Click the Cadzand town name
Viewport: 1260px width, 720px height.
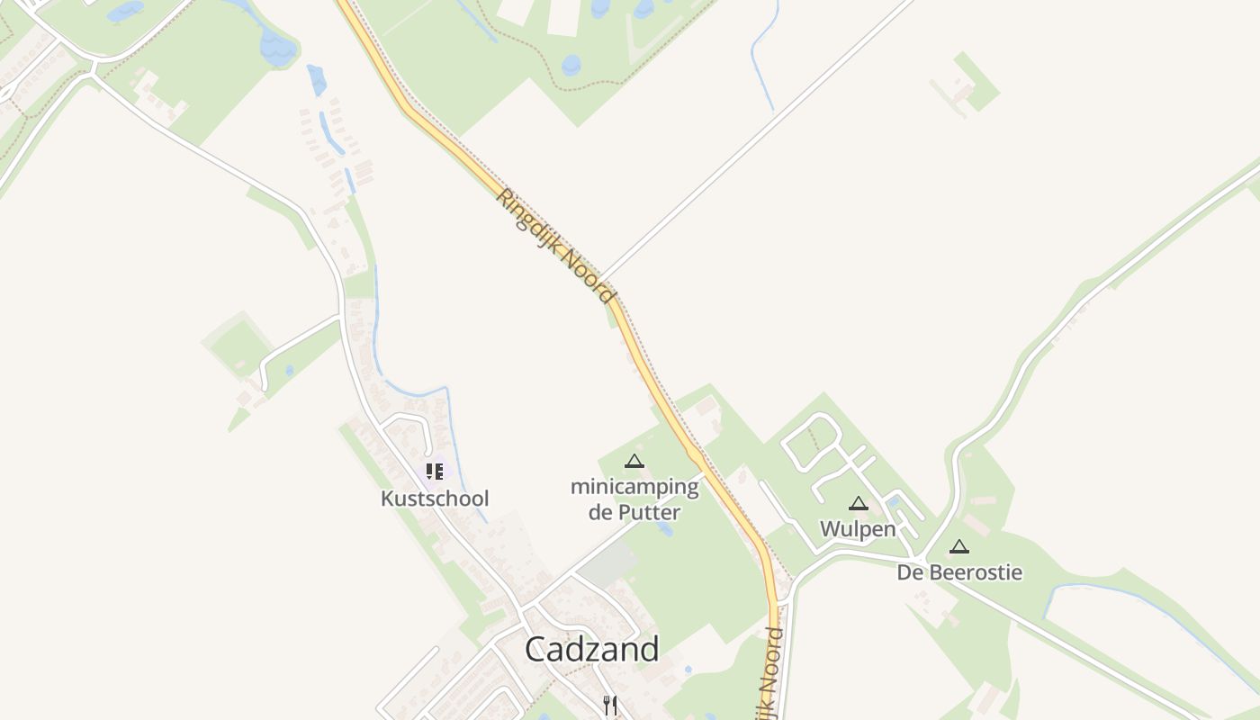(x=591, y=648)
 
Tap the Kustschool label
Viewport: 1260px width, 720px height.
(x=435, y=499)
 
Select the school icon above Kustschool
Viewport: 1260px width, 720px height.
(x=435, y=471)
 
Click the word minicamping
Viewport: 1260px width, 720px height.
(x=634, y=488)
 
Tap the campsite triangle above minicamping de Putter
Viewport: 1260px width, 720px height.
(x=634, y=462)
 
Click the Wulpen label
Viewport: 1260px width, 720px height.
(x=858, y=529)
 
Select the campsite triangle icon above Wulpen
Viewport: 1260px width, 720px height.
(x=859, y=504)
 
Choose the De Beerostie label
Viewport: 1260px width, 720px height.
(x=959, y=572)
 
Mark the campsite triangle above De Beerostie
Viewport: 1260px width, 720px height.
(x=959, y=546)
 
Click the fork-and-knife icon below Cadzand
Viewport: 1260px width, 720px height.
(x=610, y=704)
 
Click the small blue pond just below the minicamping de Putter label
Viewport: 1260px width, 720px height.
(x=665, y=529)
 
